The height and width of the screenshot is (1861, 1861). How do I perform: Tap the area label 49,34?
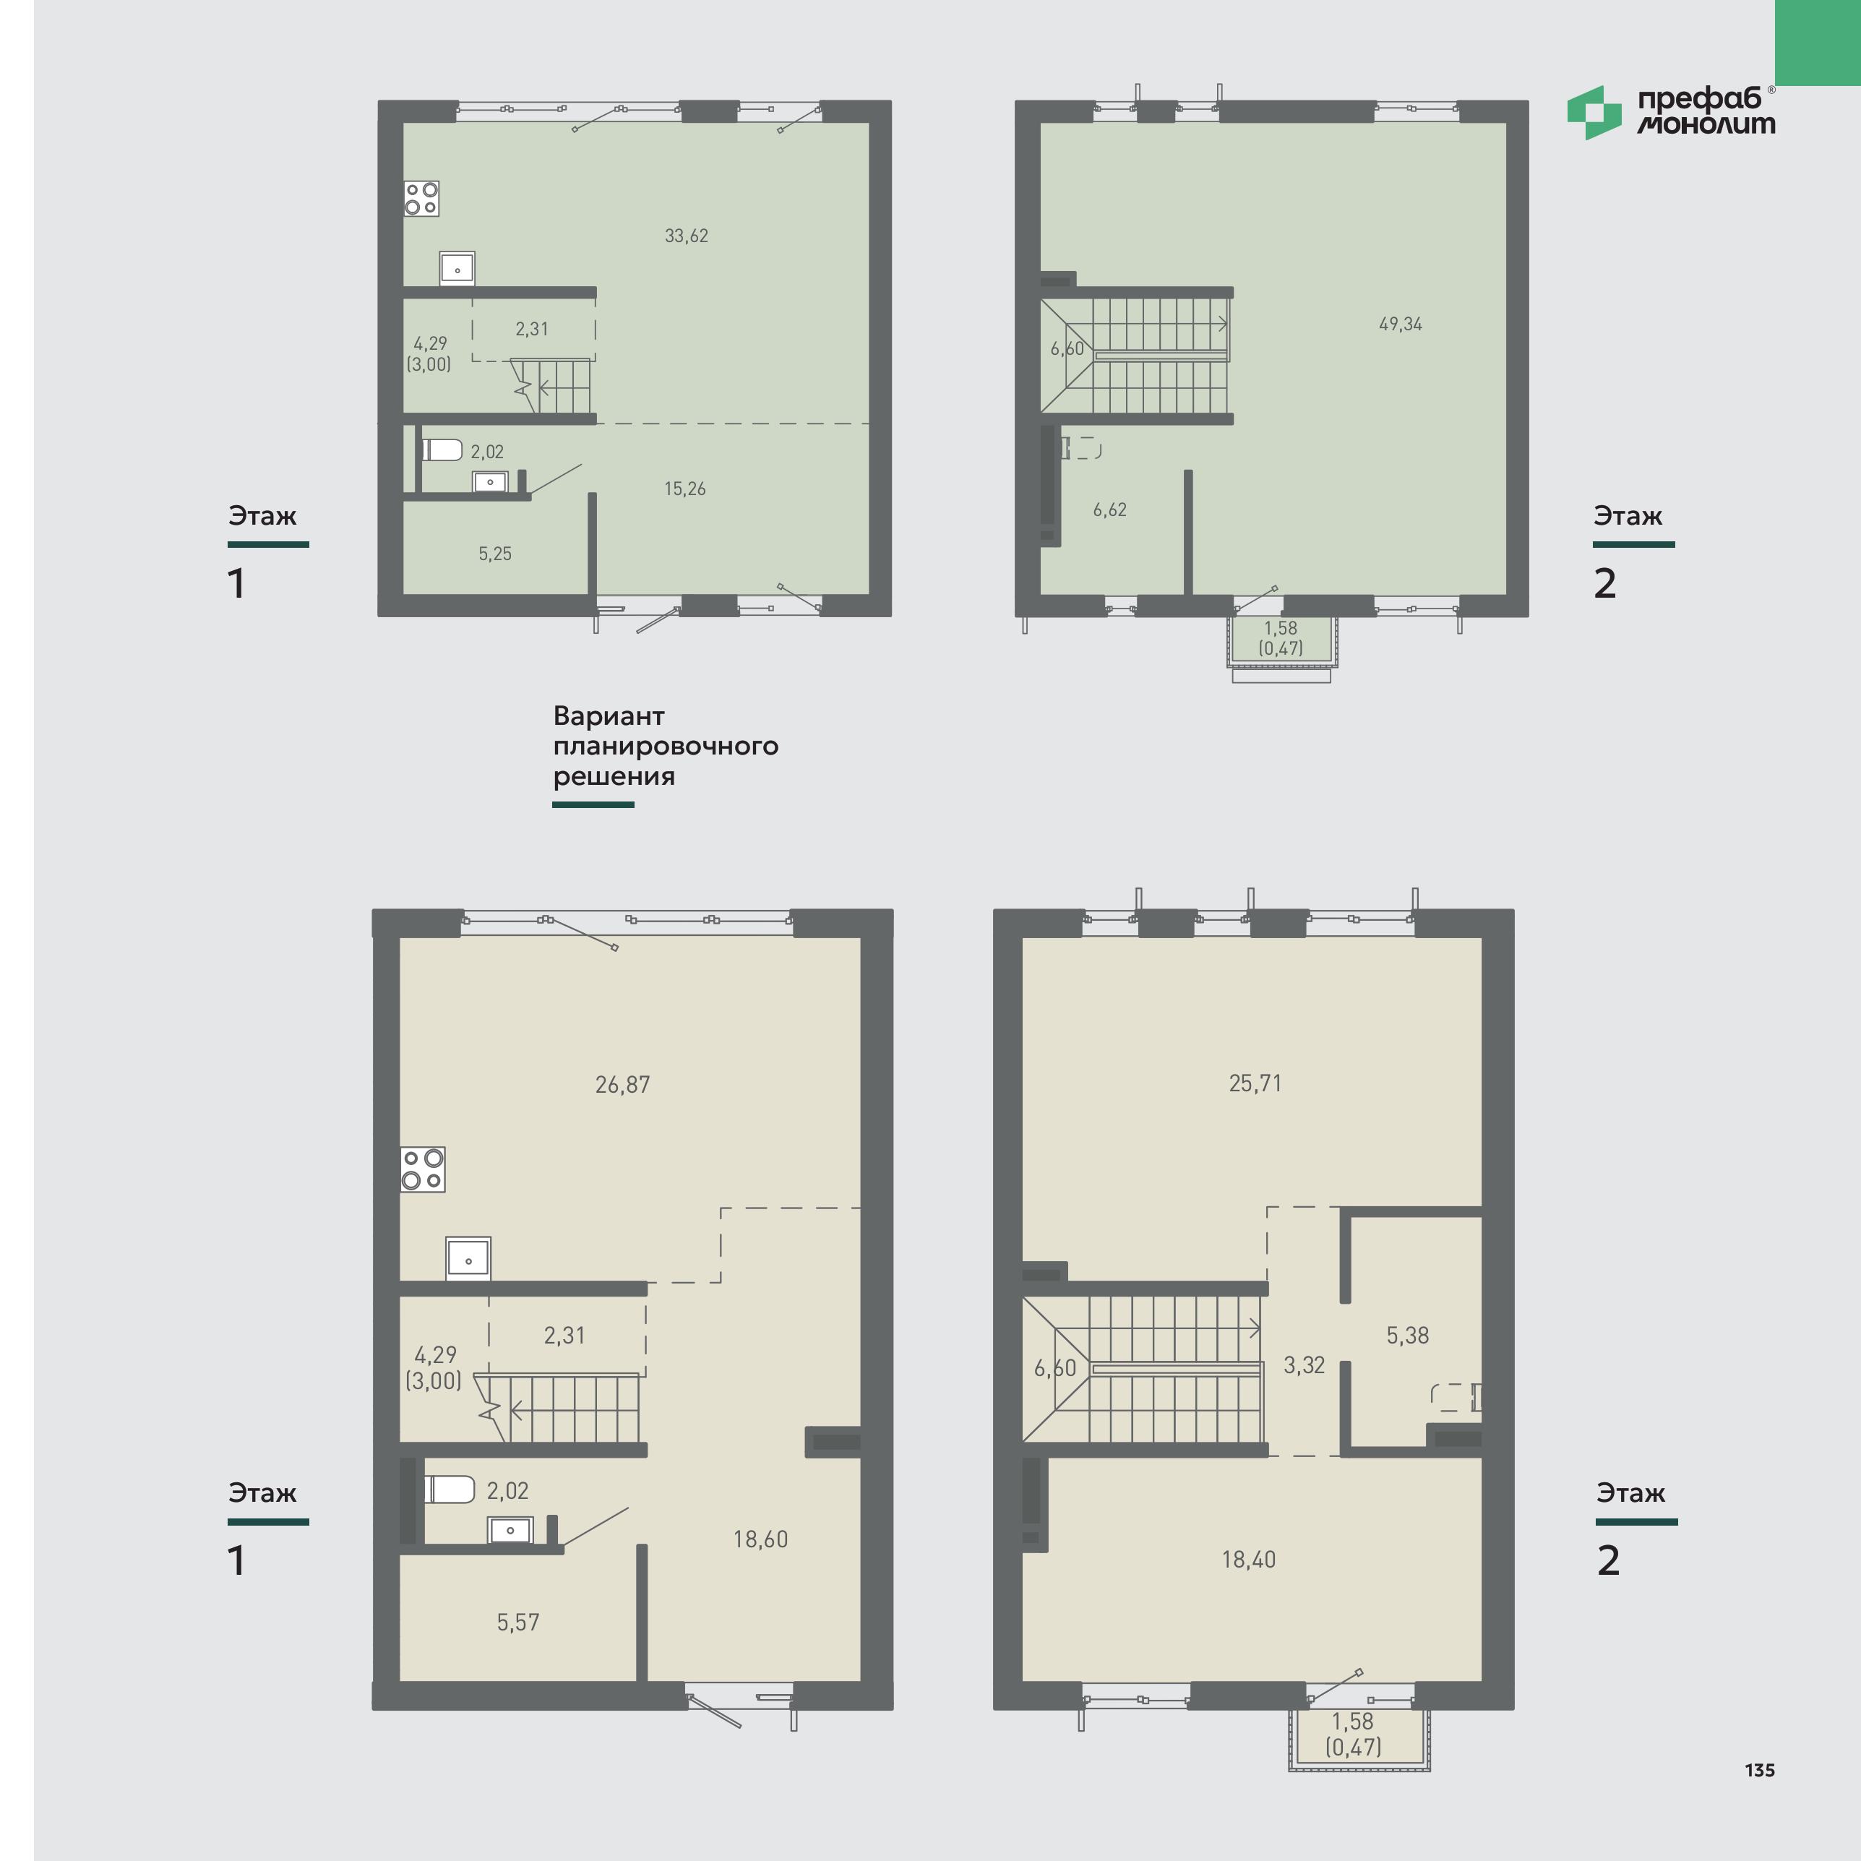click(x=1400, y=325)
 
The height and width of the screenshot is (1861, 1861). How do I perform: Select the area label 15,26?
click(x=685, y=489)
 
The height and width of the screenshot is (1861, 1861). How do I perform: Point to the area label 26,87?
click(x=622, y=1085)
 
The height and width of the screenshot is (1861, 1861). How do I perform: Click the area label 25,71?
click(x=1255, y=1083)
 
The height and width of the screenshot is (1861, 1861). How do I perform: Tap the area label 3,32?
click(x=1305, y=1365)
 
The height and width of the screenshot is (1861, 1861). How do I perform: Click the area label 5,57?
click(x=517, y=1622)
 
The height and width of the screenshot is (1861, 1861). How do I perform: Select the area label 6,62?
click(x=1109, y=510)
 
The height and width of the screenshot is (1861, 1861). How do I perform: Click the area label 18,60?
click(x=760, y=1539)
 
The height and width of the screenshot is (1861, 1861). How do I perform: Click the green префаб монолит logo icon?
click(x=1594, y=113)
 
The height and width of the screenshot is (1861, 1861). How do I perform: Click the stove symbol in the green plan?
click(x=421, y=199)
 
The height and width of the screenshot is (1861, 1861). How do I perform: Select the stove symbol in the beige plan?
click(x=423, y=1169)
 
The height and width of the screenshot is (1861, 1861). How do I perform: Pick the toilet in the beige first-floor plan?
click(x=449, y=1490)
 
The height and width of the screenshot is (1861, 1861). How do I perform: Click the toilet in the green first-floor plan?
click(x=442, y=450)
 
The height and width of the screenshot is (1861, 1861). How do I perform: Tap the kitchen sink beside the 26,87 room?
click(x=468, y=1259)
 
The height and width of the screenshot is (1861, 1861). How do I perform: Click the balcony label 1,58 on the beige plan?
click(x=1352, y=1722)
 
